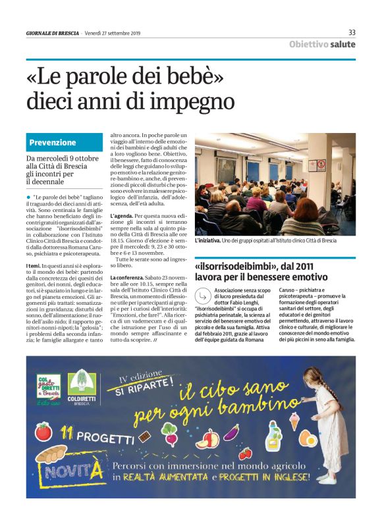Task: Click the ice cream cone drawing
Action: pyautogui.click(x=294, y=420)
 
